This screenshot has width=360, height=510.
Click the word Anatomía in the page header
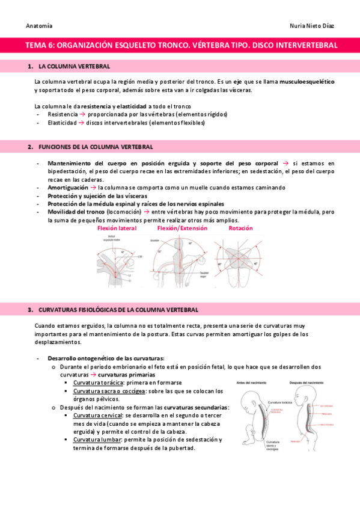click(x=39, y=26)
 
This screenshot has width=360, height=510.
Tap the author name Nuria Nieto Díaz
click(x=311, y=26)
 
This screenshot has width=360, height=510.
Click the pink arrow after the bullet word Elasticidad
click(x=82, y=123)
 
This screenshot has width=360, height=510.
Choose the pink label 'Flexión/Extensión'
click(x=182, y=229)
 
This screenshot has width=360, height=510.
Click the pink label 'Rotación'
click(x=240, y=229)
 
